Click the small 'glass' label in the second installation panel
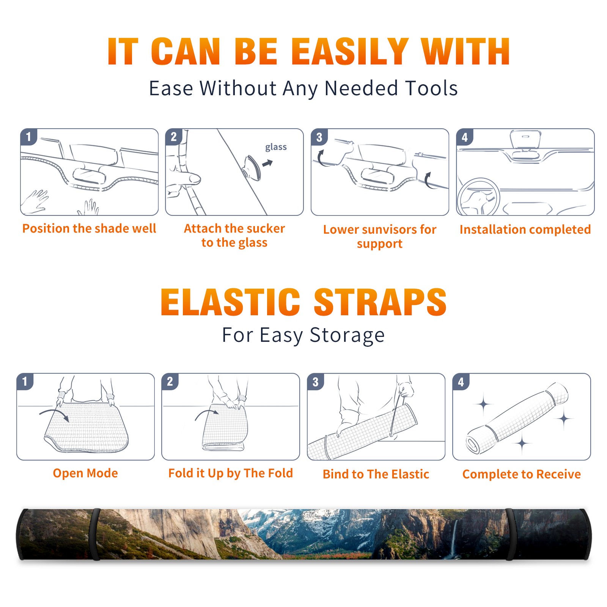point(276,147)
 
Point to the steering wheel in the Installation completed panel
point(478,196)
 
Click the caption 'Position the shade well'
point(89,228)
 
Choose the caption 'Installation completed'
point(525,230)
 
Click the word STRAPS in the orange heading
point(380,302)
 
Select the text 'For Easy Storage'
point(303,335)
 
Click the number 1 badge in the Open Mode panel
point(25,381)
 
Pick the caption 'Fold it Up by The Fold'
point(231,473)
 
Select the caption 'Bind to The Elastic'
point(376,474)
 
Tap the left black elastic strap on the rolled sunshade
point(95,534)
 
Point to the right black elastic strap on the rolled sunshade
point(510,534)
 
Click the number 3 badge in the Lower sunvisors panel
point(319,137)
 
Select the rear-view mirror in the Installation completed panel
point(525,140)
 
